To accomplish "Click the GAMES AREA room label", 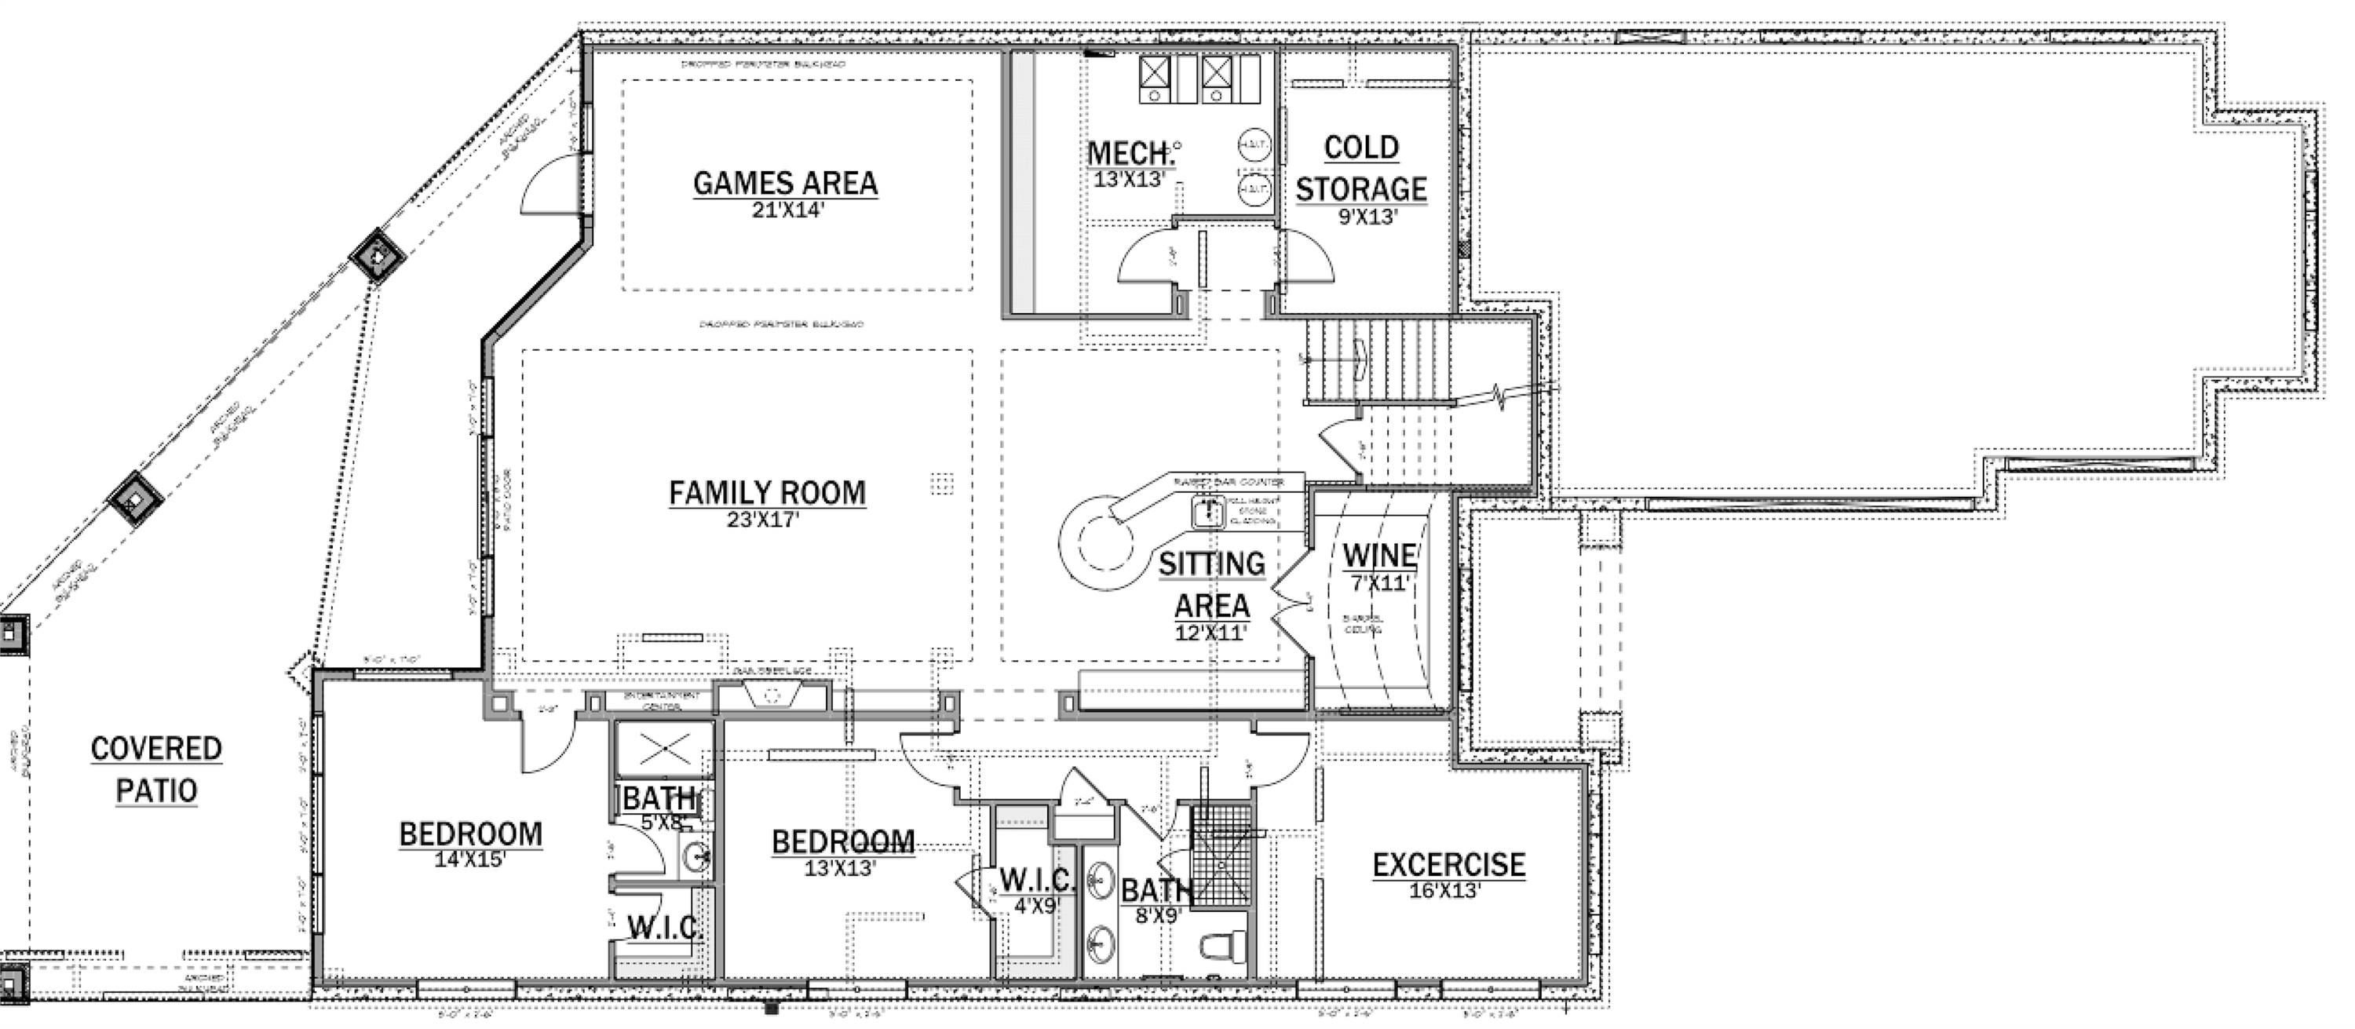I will (785, 183).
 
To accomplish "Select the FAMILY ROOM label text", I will (767, 493).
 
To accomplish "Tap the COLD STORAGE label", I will (1360, 168).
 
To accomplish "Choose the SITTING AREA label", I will (1211, 585).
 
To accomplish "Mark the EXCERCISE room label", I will (1448, 864).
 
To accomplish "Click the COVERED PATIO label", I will (156, 769).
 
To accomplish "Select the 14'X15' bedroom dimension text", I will (470, 859).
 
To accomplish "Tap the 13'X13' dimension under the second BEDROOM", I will (840, 867).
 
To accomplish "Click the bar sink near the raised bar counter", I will (1209, 511).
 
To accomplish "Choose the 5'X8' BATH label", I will (659, 799).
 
